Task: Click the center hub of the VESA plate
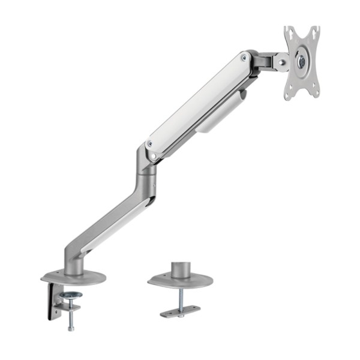coord(302,61)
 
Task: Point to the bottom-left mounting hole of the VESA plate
coord(290,91)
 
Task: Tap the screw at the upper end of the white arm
coord(244,58)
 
